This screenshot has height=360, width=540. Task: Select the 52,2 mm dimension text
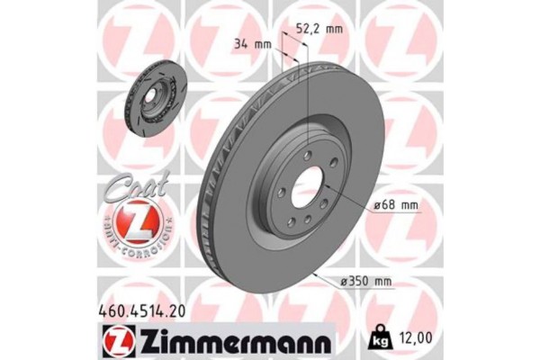321,29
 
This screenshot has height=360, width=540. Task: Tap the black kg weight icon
378,340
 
